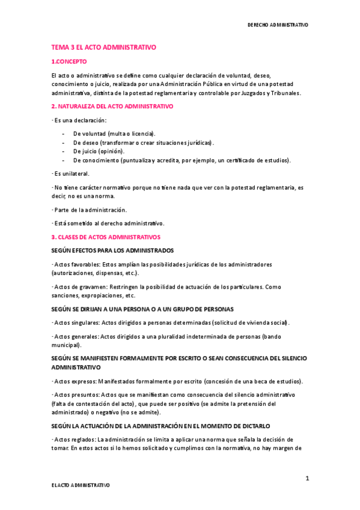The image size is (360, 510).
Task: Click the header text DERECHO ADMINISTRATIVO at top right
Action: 278,25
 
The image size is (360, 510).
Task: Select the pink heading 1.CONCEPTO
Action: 69,61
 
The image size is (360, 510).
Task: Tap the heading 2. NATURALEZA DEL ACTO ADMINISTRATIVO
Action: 112,106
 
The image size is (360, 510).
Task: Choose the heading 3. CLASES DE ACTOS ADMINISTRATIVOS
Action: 106,238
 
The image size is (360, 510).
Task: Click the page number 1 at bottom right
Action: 307,478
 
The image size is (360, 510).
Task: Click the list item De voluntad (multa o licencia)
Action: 114,133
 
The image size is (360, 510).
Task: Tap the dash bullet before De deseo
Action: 64,142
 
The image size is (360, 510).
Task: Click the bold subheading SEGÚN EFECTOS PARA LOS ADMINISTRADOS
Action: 112,250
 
